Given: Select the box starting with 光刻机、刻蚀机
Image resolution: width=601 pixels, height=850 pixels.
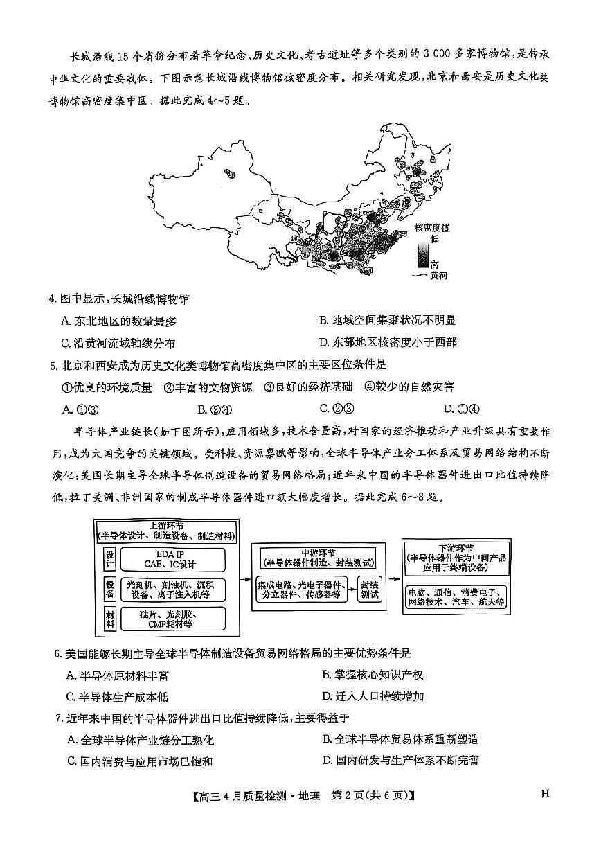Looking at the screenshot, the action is [172, 590].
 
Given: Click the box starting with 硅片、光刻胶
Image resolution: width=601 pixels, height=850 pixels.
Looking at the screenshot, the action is [172, 619].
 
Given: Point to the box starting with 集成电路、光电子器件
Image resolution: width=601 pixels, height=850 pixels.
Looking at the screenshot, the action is [303, 589].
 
